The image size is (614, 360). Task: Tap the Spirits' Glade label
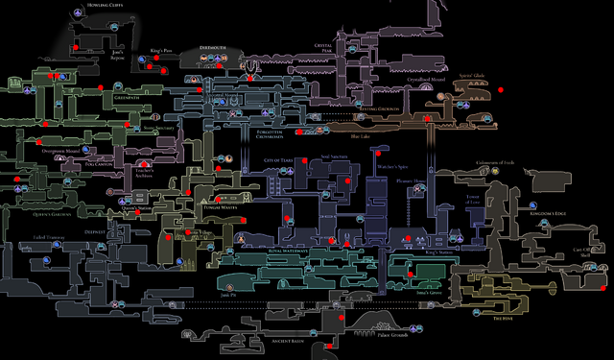(x=477, y=76)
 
